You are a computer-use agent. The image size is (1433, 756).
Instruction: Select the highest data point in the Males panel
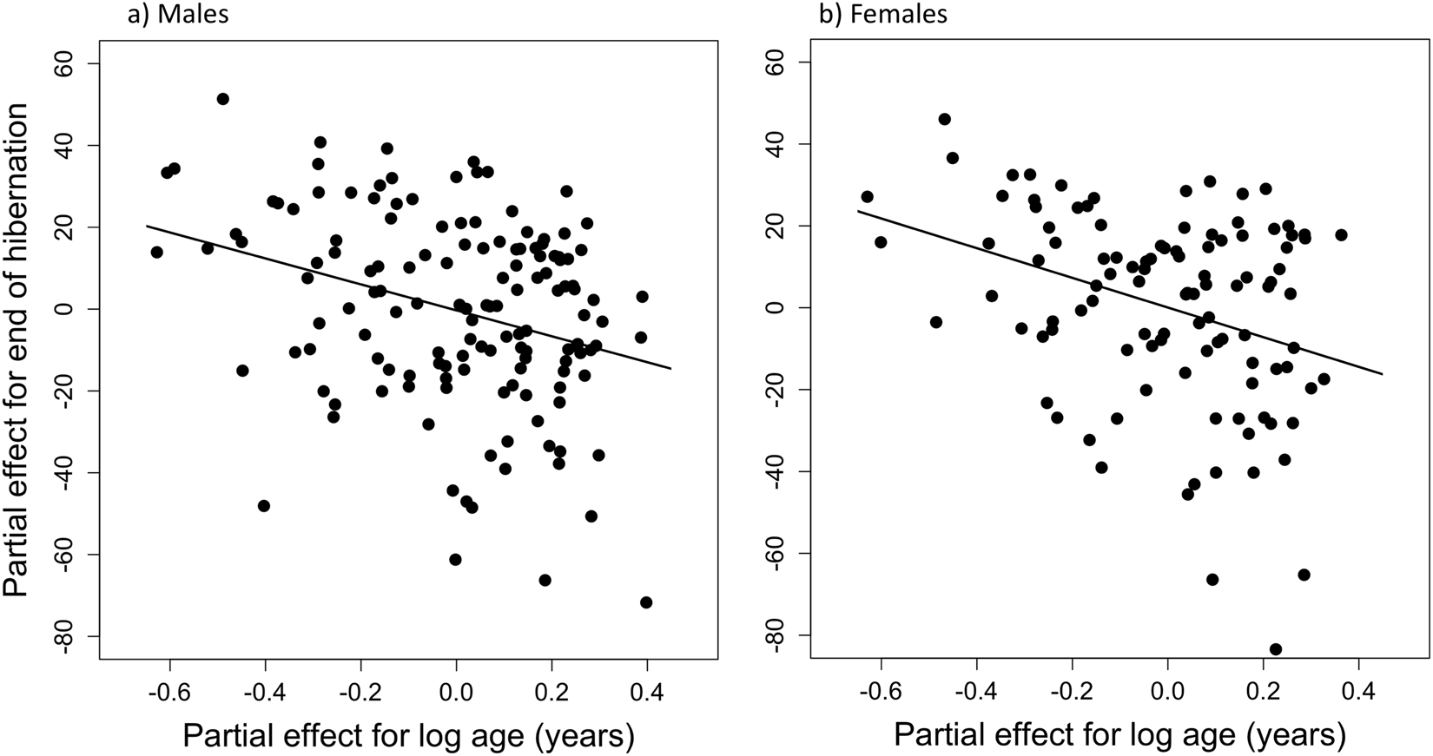223,99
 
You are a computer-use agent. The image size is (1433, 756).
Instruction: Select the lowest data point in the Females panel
1276,649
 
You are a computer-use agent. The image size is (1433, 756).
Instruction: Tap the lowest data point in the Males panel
646,602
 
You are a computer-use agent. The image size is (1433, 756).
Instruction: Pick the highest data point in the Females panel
945,119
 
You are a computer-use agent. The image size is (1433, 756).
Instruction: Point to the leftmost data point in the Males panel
156,253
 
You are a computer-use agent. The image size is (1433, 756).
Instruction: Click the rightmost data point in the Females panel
1341,235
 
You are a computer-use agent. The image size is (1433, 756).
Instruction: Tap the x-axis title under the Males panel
408,737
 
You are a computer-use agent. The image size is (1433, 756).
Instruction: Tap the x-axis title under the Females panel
1119,737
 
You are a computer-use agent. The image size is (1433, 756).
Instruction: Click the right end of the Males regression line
671,369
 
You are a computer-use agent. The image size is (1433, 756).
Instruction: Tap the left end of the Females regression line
858,211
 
